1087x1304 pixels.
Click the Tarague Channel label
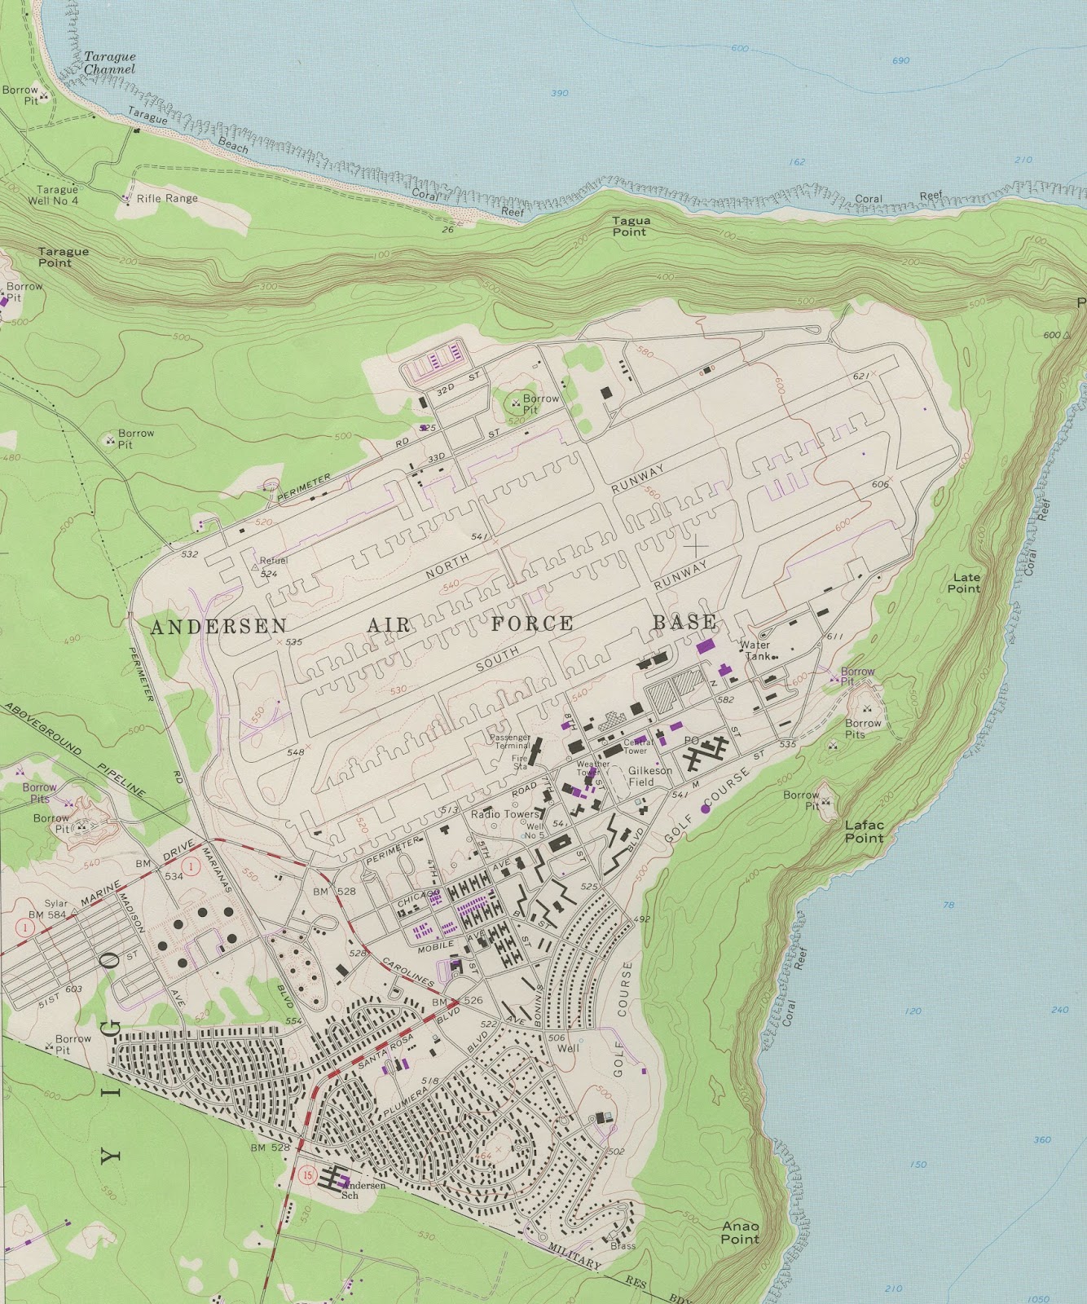coord(109,63)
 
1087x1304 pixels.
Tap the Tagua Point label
coord(631,226)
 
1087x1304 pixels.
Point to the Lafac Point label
coord(864,831)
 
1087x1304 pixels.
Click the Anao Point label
coord(740,1232)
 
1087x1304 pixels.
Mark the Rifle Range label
coord(167,198)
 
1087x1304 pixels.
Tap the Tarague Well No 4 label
coord(56,195)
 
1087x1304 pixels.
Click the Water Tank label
coord(755,650)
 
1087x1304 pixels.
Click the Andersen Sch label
coord(363,1190)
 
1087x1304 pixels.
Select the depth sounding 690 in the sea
coord(900,61)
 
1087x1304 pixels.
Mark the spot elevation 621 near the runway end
coord(860,376)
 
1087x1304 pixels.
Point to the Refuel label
coord(274,561)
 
